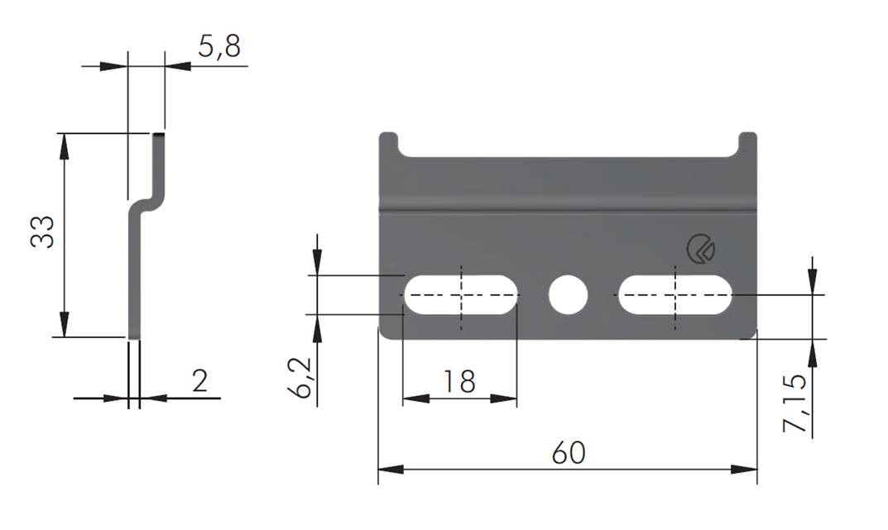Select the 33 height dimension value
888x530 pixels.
pyautogui.click(x=42, y=232)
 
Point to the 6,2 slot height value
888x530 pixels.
pyautogui.click(x=303, y=378)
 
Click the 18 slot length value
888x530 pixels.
pyautogui.click(x=459, y=382)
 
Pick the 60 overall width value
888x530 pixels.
pyautogui.click(x=569, y=453)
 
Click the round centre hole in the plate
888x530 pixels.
pyautogui.click(x=568, y=294)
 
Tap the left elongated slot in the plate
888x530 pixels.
pyautogui.click(x=460, y=294)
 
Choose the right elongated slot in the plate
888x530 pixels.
pyautogui.click(x=675, y=294)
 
